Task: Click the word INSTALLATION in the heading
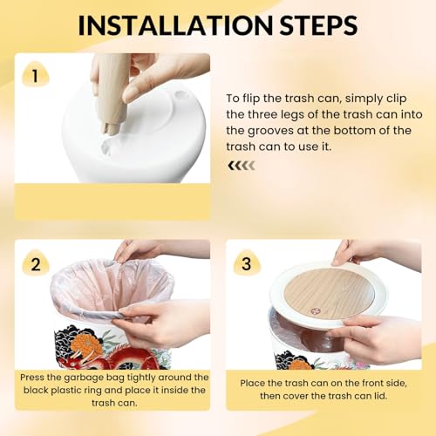[176, 25]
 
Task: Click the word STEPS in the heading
[319, 25]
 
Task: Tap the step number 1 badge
[35, 75]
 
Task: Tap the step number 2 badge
[36, 264]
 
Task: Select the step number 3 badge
[246, 263]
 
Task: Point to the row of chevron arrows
[242, 166]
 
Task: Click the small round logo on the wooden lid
[315, 311]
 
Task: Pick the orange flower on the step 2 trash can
[85, 343]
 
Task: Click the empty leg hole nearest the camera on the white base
[107, 146]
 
